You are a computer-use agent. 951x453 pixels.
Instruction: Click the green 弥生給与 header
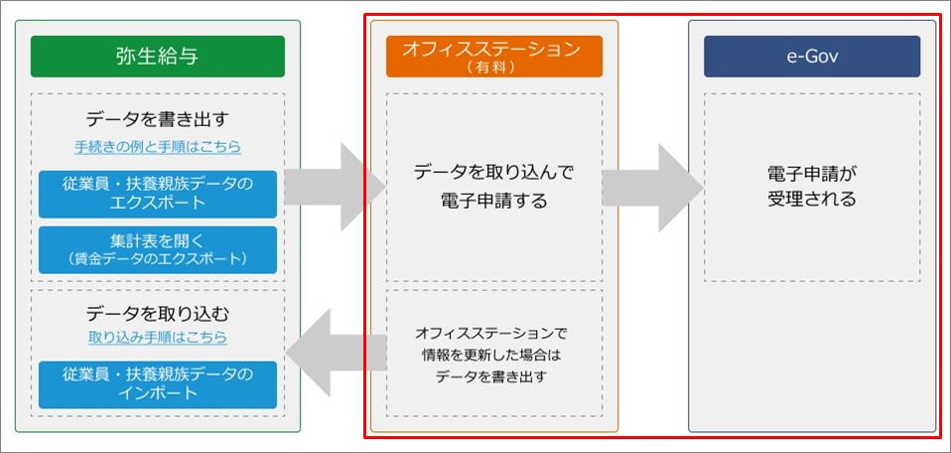coord(158,57)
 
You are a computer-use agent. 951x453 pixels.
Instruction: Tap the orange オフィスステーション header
coord(494,57)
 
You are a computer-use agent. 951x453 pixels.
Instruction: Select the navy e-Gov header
coord(812,57)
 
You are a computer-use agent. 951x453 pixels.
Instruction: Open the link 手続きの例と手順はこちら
coord(158,147)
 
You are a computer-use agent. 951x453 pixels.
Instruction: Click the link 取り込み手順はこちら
coord(158,338)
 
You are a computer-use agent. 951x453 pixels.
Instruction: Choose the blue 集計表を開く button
coord(158,250)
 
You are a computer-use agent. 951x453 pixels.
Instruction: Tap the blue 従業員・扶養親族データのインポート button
coord(158,385)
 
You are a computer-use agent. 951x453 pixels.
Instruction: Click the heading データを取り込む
coord(158,313)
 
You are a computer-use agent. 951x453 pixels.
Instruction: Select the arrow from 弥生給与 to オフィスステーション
coord(335,187)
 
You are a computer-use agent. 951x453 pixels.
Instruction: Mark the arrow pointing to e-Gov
coord(652,187)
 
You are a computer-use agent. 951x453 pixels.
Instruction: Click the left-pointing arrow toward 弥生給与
coord(337,353)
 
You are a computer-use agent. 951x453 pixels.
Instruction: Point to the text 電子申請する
coord(494,201)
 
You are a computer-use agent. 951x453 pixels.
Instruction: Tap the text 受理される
coord(812,199)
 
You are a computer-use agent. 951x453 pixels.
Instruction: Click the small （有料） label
coord(494,68)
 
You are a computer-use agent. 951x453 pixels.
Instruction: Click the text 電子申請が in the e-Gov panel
coord(812,173)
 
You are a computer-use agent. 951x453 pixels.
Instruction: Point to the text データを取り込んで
coord(494,173)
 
